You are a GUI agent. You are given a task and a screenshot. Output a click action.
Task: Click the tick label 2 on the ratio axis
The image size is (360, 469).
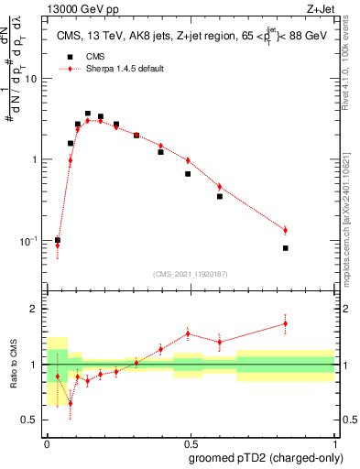click(x=35, y=309)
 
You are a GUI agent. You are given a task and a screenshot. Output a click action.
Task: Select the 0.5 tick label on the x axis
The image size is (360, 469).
click(x=191, y=442)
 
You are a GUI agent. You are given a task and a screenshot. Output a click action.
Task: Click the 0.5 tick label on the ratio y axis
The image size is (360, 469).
click(x=31, y=420)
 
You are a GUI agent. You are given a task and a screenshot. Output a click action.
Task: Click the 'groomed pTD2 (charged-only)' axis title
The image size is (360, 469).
click(x=265, y=458)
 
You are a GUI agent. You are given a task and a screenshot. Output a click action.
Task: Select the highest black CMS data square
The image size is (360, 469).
click(x=88, y=114)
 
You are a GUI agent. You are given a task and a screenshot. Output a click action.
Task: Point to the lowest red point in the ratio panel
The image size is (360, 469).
click(x=71, y=403)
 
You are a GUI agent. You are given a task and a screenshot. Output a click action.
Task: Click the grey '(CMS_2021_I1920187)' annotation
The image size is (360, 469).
click(x=190, y=273)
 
